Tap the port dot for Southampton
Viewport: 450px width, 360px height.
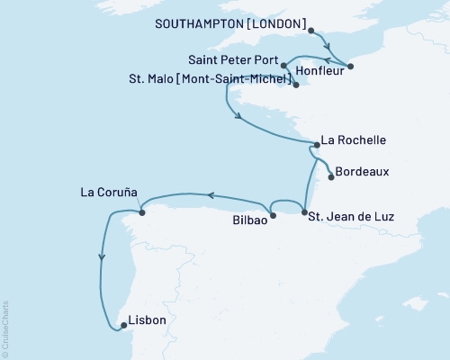click(x=311, y=31)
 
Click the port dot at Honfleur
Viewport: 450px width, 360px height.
click(x=351, y=65)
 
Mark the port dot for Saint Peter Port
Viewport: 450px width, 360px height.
click(x=283, y=66)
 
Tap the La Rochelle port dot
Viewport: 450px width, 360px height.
click(x=315, y=144)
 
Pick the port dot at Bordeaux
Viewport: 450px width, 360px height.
click(x=331, y=176)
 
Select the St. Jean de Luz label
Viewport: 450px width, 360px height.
click(x=351, y=216)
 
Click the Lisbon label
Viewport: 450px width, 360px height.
click(x=147, y=319)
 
